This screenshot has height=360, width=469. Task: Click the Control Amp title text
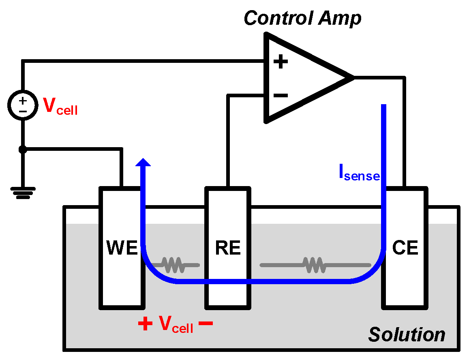tap(302, 18)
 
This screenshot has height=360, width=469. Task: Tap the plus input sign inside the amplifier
tap(281, 62)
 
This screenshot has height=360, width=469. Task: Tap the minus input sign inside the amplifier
tap(281, 96)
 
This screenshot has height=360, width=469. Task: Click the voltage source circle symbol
tap(23, 105)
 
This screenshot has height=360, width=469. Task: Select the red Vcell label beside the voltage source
tap(60, 106)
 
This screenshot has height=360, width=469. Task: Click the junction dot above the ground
tap(23, 150)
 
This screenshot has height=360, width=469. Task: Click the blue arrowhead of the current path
tap(143, 162)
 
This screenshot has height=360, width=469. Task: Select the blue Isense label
tap(359, 173)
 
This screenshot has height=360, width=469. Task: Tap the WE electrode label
tap(122, 248)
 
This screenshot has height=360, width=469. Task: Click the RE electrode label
tap(228, 248)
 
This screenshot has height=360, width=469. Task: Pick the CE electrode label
tap(405, 248)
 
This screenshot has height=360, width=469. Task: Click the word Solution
tap(406, 335)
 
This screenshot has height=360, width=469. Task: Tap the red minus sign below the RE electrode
tap(206, 324)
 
